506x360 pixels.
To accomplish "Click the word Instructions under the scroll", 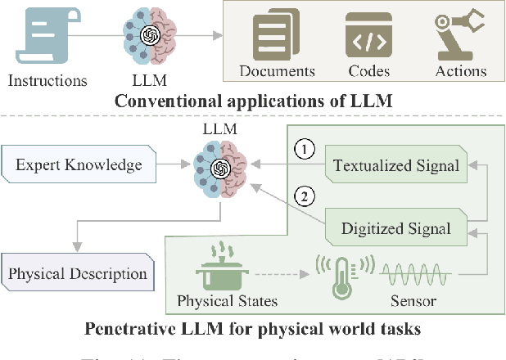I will (47, 80).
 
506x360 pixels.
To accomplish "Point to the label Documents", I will (278, 71).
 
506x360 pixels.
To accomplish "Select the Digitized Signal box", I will (395, 228).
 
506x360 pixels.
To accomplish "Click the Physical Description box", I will (79, 274).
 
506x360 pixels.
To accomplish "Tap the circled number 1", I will (304, 151).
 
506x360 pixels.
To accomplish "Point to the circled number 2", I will (304, 196).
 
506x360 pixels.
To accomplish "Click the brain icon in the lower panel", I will (219, 169).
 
